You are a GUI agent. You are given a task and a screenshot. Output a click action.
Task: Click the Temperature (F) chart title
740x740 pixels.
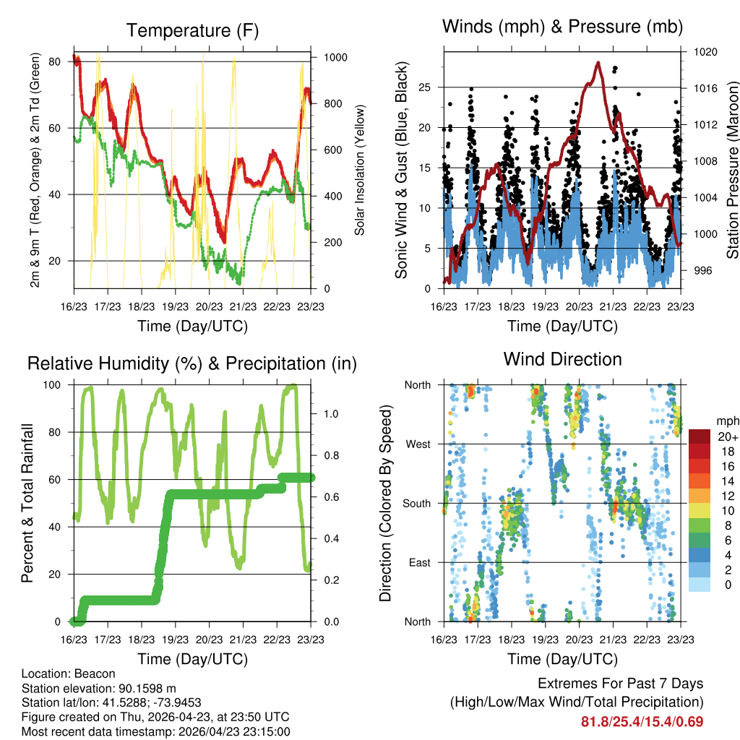192,30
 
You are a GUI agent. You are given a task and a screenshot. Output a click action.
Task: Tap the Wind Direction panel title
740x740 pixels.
562,360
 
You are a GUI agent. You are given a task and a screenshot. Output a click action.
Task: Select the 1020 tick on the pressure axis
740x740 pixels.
705,52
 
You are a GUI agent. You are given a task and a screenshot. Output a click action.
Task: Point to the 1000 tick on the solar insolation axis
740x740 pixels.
335,58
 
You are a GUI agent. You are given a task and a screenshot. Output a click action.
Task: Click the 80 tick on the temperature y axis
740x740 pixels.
55,62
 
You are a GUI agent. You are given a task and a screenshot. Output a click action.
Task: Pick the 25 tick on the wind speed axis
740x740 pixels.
424,87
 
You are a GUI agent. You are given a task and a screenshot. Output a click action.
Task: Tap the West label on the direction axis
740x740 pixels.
418,444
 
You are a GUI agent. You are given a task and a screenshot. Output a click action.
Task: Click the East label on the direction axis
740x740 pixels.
420,562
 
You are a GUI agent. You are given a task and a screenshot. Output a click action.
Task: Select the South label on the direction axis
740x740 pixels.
417,504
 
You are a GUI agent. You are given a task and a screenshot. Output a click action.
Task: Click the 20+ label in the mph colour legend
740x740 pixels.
728,436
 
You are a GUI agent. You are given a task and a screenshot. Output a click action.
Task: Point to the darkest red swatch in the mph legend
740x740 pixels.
700,436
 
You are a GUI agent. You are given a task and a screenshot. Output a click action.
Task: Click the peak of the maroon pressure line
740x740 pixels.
598,62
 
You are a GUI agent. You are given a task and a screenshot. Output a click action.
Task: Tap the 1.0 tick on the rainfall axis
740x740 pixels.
331,414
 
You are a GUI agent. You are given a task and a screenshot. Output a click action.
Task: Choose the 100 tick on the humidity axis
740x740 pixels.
52,385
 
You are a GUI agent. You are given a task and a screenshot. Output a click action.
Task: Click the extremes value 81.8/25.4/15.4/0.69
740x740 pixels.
642,722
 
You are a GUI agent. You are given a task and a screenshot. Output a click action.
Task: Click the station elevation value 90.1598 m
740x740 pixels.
145,689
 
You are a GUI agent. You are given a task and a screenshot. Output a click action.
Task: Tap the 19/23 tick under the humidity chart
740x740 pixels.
175,640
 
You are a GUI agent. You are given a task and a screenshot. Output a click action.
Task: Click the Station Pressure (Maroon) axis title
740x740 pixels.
732,170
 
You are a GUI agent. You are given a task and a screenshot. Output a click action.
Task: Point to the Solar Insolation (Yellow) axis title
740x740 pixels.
360,170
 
